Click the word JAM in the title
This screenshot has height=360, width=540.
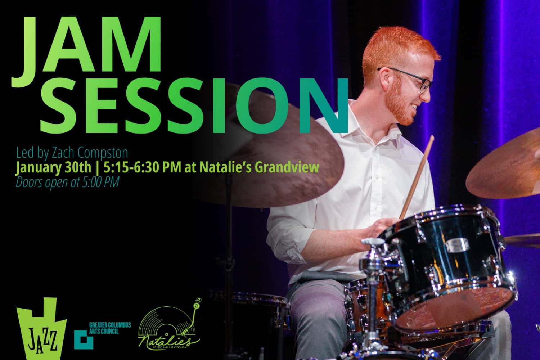(x=86, y=52)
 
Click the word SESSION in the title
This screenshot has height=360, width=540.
(x=194, y=105)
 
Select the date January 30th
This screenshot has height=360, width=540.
(x=54, y=167)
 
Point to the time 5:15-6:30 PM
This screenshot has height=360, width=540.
(x=143, y=167)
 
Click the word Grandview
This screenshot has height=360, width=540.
(x=287, y=167)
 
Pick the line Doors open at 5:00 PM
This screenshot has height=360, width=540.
(x=68, y=182)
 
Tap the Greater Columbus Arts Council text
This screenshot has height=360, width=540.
(x=110, y=328)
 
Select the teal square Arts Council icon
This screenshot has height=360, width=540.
(x=84, y=339)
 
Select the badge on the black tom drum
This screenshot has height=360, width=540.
(x=457, y=244)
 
